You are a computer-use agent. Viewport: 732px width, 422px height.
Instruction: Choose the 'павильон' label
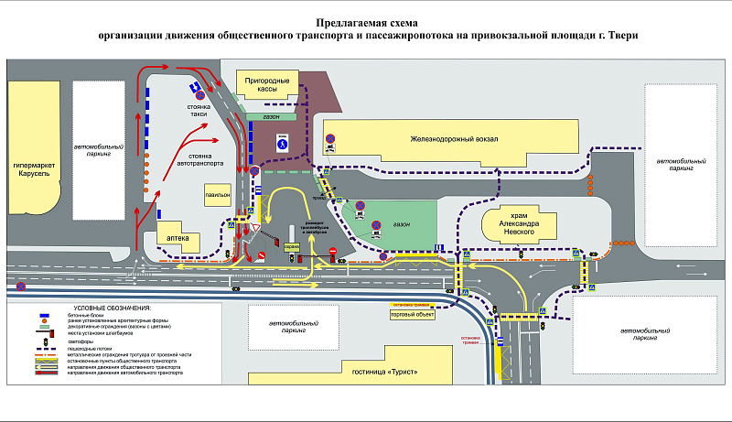(217, 194)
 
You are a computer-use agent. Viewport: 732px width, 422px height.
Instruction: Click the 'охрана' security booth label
(292, 246)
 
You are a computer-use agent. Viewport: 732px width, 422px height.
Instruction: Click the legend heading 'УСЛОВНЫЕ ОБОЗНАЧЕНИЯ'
(112, 308)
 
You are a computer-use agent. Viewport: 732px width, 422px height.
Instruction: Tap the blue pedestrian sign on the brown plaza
(284, 144)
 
